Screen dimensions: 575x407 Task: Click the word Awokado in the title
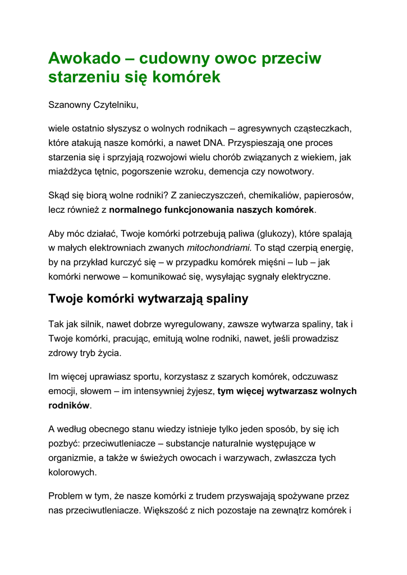pyautogui.click(x=84, y=58)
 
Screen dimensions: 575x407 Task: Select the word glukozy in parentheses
pyautogui.click(x=276, y=233)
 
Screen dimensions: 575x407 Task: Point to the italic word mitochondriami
pyautogui.click(x=220, y=248)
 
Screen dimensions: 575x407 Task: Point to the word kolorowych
pyautogui.click(x=72, y=472)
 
